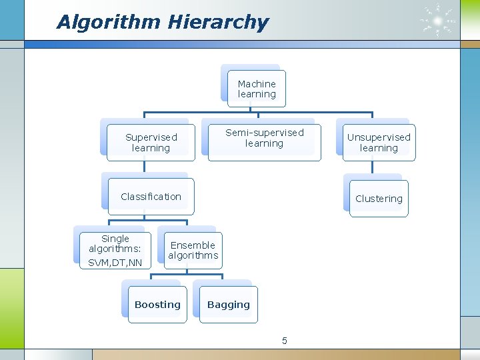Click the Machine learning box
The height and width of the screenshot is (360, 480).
(x=257, y=89)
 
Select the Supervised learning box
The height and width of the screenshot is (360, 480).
(x=151, y=143)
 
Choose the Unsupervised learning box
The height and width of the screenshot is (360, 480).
(x=379, y=143)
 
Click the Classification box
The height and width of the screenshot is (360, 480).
(x=151, y=197)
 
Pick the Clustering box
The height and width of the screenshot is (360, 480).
(x=379, y=199)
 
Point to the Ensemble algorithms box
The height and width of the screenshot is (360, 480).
(x=193, y=251)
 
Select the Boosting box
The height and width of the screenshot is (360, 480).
(x=157, y=305)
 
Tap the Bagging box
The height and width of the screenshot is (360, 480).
(x=229, y=305)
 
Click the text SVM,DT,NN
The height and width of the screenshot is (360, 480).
(x=115, y=263)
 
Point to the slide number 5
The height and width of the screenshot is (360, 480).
(x=285, y=341)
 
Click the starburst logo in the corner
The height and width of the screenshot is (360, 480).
(x=437, y=21)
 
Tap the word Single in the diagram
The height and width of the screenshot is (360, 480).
(x=115, y=239)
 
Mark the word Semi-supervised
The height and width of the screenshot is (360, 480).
(x=264, y=133)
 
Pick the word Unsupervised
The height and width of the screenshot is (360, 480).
(x=379, y=137)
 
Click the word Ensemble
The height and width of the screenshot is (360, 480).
(x=193, y=245)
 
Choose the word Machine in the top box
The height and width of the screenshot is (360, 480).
(x=257, y=84)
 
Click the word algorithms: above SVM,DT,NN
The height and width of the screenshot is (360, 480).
(x=115, y=249)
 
